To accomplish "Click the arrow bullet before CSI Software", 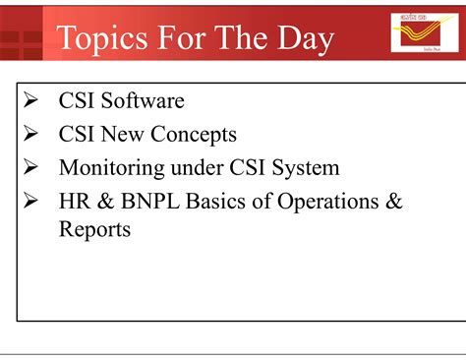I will point(30,100).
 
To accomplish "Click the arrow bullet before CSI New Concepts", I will point(30,134).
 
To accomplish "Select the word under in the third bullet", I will point(191,167).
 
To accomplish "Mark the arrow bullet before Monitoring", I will point(30,167).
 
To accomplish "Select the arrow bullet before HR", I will point(30,202).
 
